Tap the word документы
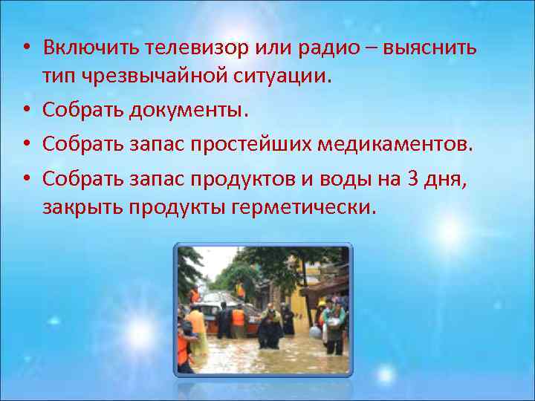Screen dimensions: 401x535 (x=188, y=110)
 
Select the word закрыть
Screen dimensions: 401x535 (x=82, y=207)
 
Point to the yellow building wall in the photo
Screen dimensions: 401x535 (x=301, y=298)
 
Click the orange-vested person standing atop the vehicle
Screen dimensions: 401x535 (x=240, y=290)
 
